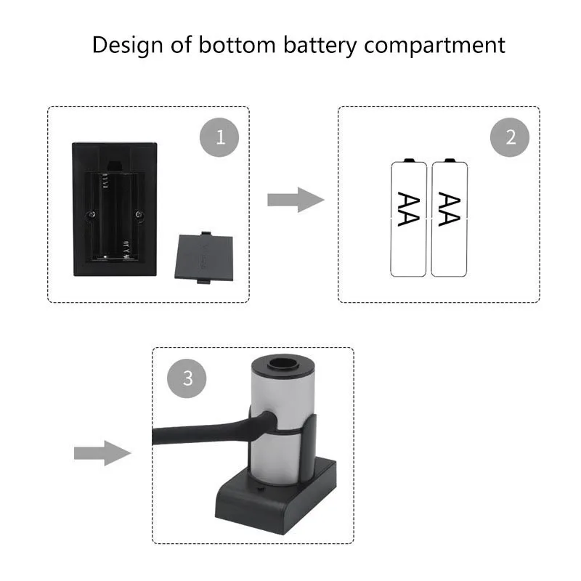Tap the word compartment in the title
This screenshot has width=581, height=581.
pos(434,45)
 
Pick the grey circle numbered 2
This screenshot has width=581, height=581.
pos(511,137)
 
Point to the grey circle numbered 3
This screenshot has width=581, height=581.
pos(187,378)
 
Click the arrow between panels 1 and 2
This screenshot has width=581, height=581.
pos(295,199)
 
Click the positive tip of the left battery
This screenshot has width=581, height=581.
pos(408,159)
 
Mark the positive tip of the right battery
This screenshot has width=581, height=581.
pos(449,159)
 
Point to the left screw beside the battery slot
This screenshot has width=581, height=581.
pos(91,214)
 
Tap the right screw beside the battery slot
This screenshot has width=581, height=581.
pos(139,214)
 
